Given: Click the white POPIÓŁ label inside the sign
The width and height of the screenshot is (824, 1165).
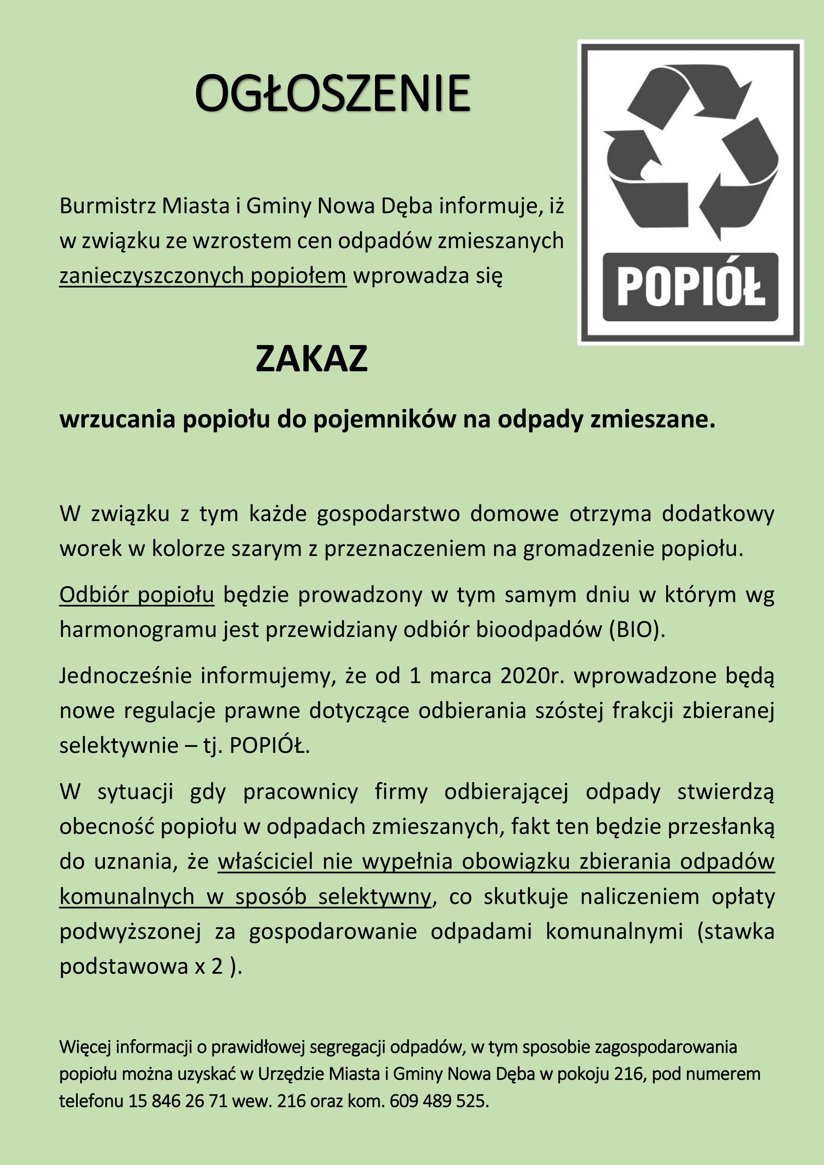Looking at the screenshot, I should [x=690, y=287].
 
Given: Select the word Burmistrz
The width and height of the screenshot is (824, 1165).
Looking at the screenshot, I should [x=107, y=206].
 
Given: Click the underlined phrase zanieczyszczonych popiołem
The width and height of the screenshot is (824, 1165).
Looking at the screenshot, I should [x=203, y=276].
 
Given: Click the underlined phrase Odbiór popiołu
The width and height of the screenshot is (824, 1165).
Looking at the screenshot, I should [x=137, y=595].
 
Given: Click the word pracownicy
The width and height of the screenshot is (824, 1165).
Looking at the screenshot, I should [x=300, y=791].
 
